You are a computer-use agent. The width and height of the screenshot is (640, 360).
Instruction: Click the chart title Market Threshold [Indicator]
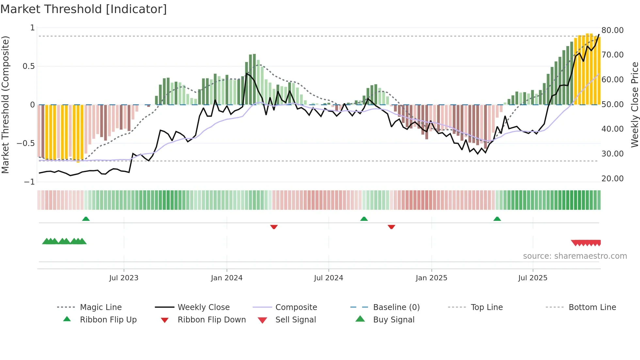pyautogui.click(x=84, y=9)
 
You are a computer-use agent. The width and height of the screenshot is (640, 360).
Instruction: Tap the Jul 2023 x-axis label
pyautogui.click(x=124, y=278)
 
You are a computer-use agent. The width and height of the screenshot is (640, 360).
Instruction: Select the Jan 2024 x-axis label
pyautogui.click(x=227, y=278)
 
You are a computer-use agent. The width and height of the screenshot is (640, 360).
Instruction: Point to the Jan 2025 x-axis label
pyautogui.click(x=431, y=278)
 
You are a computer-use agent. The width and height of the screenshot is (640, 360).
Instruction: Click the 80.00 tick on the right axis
pyautogui.click(x=612, y=30)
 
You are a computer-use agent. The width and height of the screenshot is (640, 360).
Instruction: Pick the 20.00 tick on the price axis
pyautogui.click(x=612, y=179)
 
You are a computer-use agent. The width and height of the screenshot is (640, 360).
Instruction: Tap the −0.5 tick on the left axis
pyautogui.click(x=26, y=143)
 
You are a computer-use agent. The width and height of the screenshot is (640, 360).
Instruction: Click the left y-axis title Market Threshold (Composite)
pyautogui.click(x=6, y=105)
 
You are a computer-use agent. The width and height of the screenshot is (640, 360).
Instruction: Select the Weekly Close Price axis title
pyautogui.click(x=634, y=105)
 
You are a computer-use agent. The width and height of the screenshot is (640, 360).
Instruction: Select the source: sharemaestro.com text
pyautogui.click(x=575, y=256)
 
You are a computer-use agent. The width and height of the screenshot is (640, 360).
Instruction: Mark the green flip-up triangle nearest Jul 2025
pyautogui.click(x=497, y=219)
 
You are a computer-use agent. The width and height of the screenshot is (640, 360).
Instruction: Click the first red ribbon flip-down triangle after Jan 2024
pyautogui.click(x=274, y=227)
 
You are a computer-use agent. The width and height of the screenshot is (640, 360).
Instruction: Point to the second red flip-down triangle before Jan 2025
pyautogui.click(x=391, y=227)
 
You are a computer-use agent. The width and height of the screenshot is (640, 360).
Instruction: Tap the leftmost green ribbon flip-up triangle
pyautogui.click(x=86, y=219)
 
